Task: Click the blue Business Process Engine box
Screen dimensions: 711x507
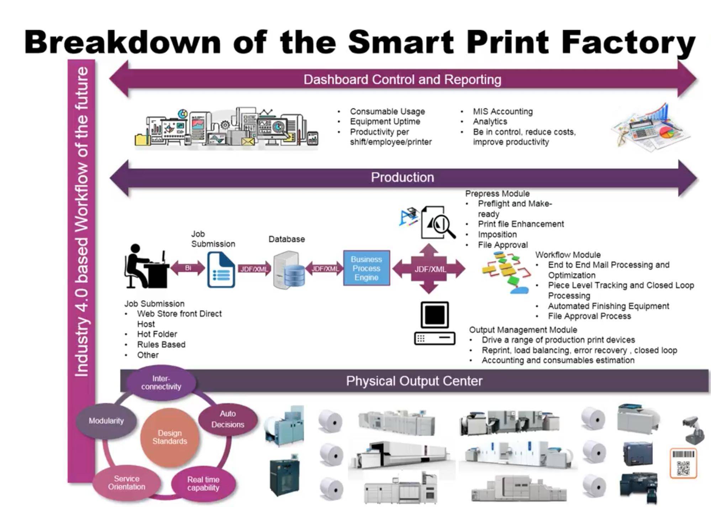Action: click(367, 268)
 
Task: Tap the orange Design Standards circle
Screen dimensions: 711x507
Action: click(170, 437)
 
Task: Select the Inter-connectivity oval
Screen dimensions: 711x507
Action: click(161, 383)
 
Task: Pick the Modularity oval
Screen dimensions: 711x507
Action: click(106, 421)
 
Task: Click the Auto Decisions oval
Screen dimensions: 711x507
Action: click(228, 419)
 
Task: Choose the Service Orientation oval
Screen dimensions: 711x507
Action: click(127, 483)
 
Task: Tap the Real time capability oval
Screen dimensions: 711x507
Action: click(203, 484)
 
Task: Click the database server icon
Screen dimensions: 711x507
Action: click(289, 270)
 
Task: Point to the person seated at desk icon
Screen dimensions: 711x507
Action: click(147, 266)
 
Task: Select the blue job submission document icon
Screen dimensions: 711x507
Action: click(221, 270)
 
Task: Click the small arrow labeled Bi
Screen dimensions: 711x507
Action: click(188, 268)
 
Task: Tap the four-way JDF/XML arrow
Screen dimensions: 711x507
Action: click(429, 269)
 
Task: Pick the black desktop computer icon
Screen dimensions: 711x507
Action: click(434, 323)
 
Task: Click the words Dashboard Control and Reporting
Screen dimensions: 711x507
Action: click(402, 79)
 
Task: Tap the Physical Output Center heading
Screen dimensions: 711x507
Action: click(414, 381)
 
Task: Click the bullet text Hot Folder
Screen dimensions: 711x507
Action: click(157, 334)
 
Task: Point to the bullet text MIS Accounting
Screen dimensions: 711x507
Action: click(503, 111)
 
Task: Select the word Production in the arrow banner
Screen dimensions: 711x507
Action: click(402, 177)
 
